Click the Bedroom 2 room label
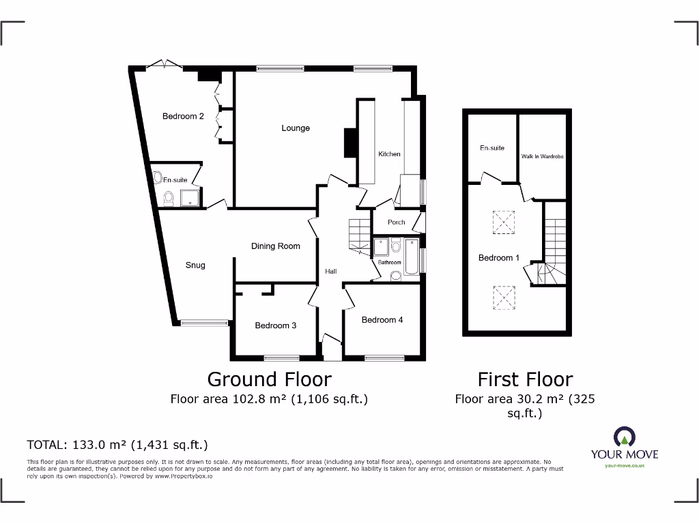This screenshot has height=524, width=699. coord(183,117)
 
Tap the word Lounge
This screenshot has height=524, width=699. coord(296,128)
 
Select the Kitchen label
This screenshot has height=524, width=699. coord(389,154)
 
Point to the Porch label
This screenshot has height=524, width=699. coord(396,222)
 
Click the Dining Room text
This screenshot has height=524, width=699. coord(275,246)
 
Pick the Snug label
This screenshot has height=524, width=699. coord(195,265)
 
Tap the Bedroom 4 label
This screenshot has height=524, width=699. coord(382,320)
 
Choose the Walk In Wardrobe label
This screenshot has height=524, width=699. coord(542,157)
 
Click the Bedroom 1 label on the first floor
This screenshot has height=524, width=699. coord(498,258)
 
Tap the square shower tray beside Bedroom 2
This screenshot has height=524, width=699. coord(190,197)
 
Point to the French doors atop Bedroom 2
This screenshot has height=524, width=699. coord(164,65)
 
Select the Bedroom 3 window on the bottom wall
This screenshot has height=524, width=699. coord(282,357)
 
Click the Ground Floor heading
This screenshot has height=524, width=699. coord(269,379)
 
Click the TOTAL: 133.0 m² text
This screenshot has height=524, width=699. coord(117,445)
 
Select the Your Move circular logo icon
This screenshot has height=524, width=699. coord(624,437)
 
